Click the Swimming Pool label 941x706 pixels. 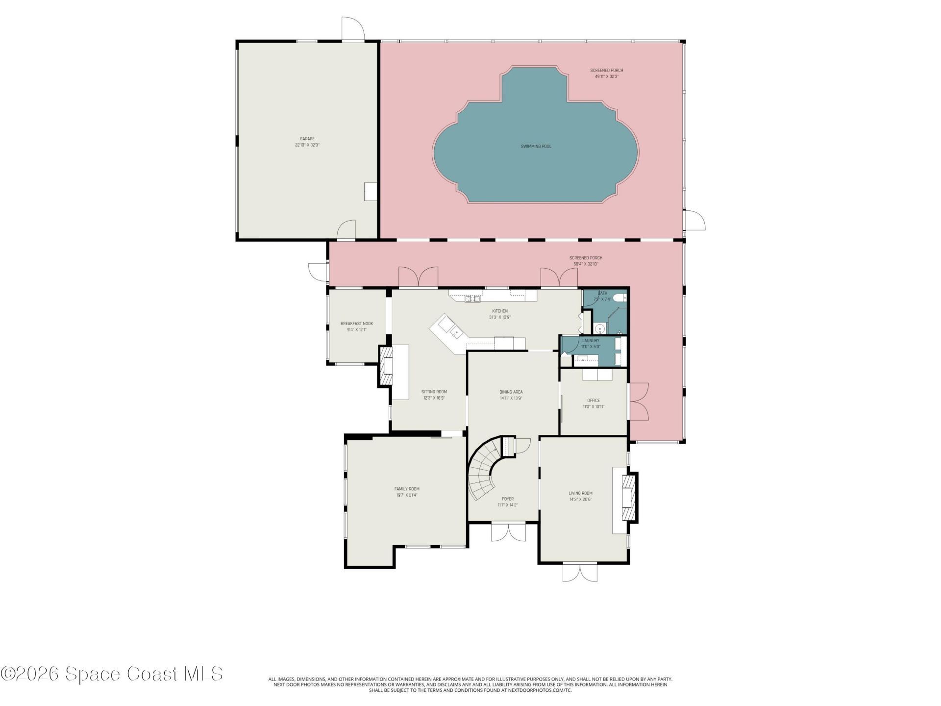point(536,146)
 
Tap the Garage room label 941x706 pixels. point(307,139)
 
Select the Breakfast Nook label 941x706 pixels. point(357,324)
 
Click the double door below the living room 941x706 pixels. point(580,572)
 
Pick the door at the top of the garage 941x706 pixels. point(353,30)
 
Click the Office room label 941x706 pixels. point(594,401)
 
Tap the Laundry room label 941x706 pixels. point(591,341)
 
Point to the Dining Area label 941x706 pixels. point(511,392)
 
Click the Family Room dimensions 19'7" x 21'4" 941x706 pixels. point(407,496)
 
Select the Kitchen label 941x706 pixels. point(500,311)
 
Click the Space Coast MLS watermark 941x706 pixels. point(112,674)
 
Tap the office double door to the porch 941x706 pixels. point(639,402)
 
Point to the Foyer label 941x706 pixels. point(508,499)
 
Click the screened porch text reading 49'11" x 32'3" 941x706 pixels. point(606,77)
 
